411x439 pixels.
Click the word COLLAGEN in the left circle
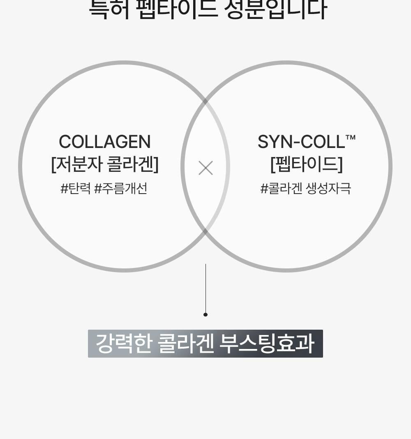105,142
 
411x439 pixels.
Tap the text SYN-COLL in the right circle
301,142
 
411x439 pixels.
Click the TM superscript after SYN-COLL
351,137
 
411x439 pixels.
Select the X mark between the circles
205,168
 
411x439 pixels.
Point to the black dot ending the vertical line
205,314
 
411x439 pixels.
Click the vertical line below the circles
205,288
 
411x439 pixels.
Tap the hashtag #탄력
75,189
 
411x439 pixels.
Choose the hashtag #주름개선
120,189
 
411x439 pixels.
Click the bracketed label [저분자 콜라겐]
105,164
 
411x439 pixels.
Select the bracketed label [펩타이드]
307,164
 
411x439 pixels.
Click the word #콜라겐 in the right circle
281,189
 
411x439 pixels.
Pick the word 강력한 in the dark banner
124,344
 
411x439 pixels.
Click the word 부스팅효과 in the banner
267,344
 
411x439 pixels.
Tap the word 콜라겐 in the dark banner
186,344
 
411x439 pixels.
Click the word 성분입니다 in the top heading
275,9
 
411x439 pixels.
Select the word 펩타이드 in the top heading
177,9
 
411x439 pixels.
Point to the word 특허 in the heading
109,9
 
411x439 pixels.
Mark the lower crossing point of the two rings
205,231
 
